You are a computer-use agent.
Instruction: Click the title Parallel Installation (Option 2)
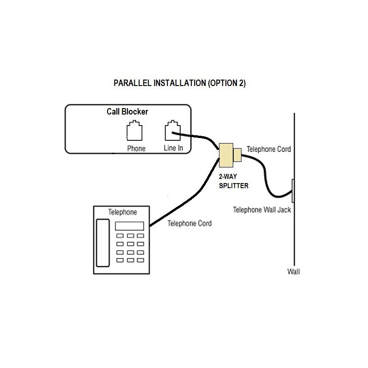click(180, 84)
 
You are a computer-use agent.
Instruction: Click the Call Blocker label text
click(127, 112)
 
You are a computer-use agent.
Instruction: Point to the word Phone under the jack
click(136, 148)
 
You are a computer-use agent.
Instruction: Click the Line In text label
click(173, 148)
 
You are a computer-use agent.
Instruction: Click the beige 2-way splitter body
click(226, 155)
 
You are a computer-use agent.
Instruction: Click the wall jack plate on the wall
click(293, 190)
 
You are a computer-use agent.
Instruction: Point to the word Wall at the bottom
click(293, 271)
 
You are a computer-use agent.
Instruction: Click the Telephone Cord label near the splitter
click(269, 149)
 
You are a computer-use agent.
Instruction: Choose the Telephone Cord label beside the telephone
click(190, 224)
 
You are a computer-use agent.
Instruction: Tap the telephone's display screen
click(129, 226)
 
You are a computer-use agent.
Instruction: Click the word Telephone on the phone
click(122, 212)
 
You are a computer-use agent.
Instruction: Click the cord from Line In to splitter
click(198, 137)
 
